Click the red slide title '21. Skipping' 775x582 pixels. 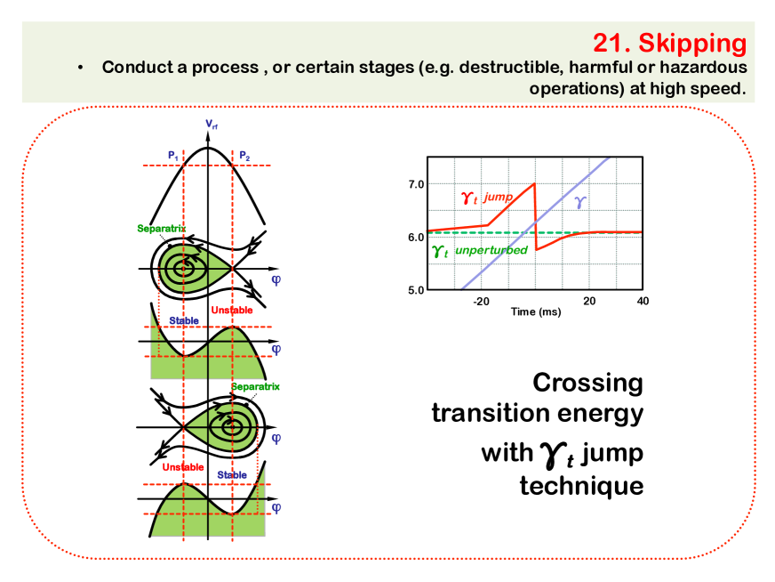pos(670,43)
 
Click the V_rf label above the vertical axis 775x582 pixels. pos(212,124)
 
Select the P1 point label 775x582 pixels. pos(173,156)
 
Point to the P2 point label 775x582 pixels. pos(244,156)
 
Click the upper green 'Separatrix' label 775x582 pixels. pos(162,228)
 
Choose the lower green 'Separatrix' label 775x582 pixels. pos(256,386)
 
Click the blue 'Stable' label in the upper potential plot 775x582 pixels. pos(184,320)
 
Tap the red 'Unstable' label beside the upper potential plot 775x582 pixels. pos(232,311)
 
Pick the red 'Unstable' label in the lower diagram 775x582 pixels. pos(183,467)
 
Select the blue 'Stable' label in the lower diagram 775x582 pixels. pos(232,475)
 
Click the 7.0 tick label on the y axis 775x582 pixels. pos(416,184)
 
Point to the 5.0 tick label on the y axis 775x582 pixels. pos(416,290)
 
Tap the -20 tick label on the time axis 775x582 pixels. pos(481,302)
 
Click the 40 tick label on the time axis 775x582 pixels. pos(643,301)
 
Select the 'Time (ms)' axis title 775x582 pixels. pos(536,311)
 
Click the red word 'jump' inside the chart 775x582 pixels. pos(499,197)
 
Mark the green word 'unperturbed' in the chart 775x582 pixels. pos(491,250)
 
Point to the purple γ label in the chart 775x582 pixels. pos(580,202)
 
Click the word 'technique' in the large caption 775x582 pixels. pos(581,486)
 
